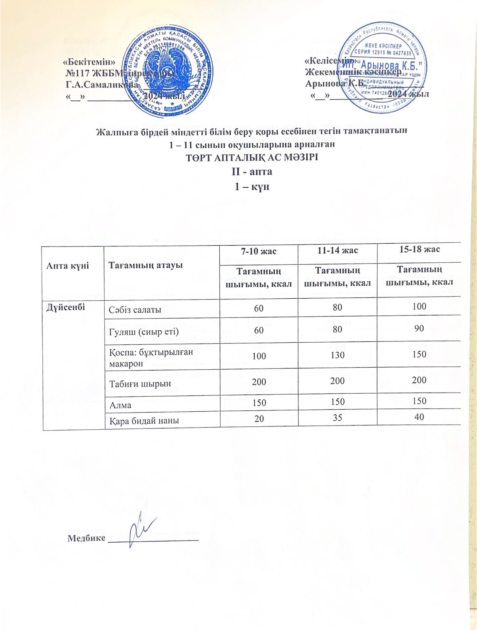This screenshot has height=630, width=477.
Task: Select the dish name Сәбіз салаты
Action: click(x=135, y=309)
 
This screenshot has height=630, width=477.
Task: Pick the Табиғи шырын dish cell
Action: click(x=139, y=384)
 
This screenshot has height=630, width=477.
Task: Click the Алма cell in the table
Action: click(x=120, y=405)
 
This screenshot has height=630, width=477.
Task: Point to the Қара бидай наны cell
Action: click(x=144, y=420)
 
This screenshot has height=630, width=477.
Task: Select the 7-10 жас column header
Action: click(x=259, y=251)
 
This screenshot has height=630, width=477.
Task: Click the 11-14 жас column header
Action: click(x=337, y=250)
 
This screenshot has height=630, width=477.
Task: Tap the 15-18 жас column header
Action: click(x=419, y=249)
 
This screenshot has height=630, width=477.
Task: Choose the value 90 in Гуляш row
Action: click(x=419, y=328)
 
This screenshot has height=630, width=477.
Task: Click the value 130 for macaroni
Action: click(x=338, y=355)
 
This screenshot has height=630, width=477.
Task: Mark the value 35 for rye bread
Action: click(x=338, y=417)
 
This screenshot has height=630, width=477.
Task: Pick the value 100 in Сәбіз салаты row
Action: click(x=419, y=306)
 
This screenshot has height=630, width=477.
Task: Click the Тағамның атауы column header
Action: click(x=145, y=265)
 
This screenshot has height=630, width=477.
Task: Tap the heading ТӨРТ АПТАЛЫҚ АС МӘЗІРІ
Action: click(x=252, y=157)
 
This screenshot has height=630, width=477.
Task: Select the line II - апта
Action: click(x=252, y=171)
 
